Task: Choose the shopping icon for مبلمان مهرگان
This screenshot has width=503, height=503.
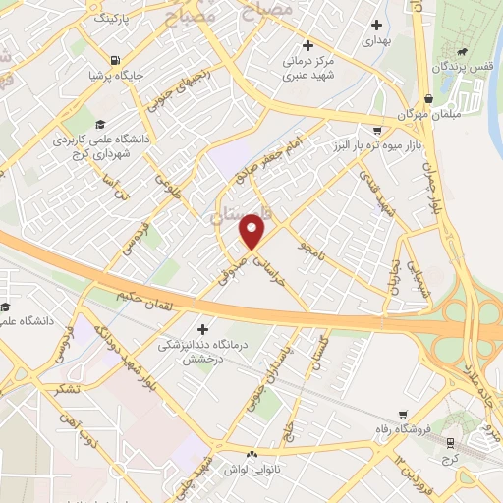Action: click(x=430, y=98)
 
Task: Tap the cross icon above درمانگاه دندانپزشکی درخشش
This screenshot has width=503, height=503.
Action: click(x=203, y=328)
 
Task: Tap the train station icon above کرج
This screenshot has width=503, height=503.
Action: click(x=450, y=443)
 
